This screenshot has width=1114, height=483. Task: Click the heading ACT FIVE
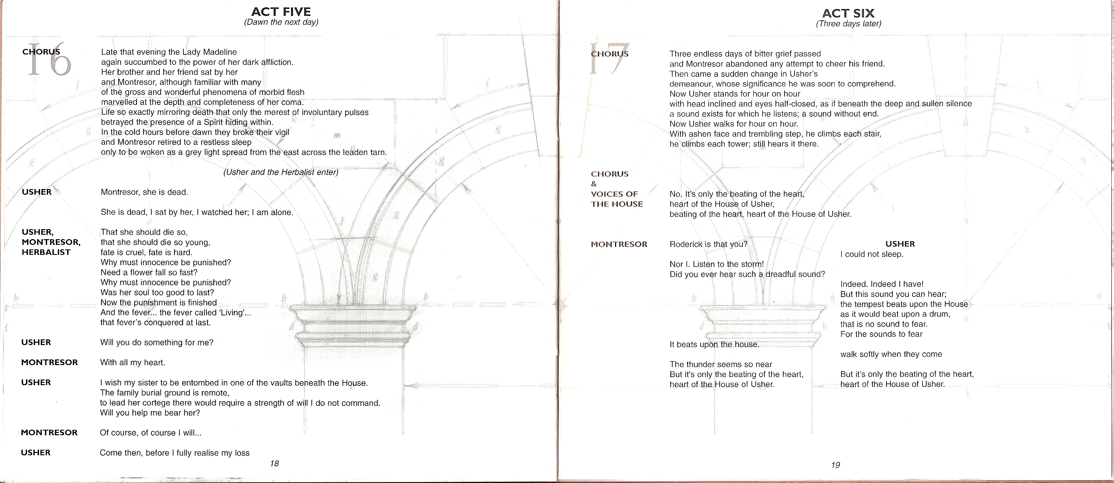281,12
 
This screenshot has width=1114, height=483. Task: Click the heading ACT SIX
848,13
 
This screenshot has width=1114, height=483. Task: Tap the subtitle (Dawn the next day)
281,22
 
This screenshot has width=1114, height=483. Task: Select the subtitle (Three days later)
848,24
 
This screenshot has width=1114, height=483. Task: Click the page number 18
274,464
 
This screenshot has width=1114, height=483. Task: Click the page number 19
835,465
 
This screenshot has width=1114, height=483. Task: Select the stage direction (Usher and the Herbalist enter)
281,172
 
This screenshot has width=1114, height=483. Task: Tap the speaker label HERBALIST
46,252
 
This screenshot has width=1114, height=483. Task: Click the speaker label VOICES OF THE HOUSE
617,199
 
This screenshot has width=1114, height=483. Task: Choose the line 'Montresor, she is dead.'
144,192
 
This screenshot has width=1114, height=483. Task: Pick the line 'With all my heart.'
132,362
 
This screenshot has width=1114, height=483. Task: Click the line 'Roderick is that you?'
708,244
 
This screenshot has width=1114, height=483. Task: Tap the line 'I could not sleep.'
872,254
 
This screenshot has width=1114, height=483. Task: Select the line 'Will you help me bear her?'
150,413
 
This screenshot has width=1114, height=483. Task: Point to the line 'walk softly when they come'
891,354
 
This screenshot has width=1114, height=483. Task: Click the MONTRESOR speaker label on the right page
619,244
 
